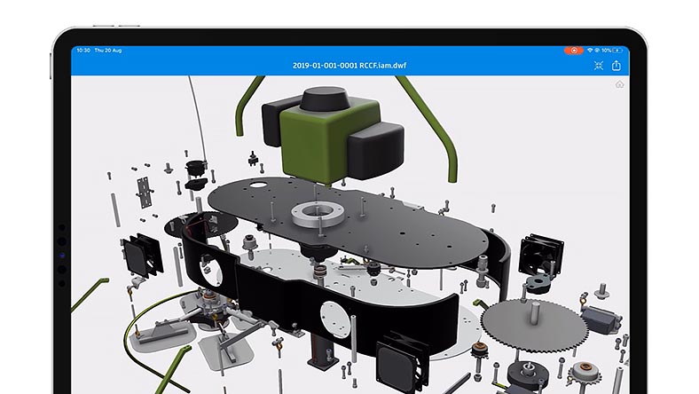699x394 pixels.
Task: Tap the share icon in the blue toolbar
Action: click(x=617, y=66)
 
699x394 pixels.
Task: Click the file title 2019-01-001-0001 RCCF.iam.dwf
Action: click(x=349, y=65)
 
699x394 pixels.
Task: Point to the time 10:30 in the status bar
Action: click(x=83, y=51)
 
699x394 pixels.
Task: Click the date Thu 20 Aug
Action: click(x=108, y=51)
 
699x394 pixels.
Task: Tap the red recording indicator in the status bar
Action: click(x=574, y=51)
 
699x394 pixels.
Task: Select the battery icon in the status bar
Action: click(x=617, y=51)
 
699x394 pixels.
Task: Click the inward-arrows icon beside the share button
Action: click(x=598, y=66)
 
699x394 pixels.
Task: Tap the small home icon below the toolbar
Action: click(x=620, y=84)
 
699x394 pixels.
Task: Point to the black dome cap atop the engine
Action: click(x=324, y=98)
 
